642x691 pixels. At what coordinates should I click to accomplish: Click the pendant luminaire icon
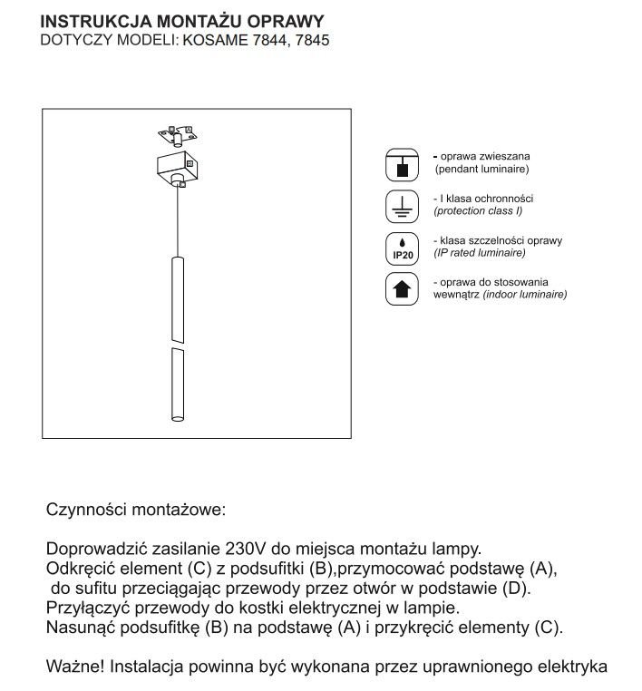pos(403,163)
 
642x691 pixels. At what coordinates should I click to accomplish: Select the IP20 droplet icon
pos(403,248)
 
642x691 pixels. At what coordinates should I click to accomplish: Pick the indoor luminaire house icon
pos(403,288)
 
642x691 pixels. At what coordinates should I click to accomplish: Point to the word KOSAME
pos(213,42)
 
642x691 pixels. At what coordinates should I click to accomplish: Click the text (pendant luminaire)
pos(482,170)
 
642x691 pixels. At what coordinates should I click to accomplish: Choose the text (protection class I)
pos(478,210)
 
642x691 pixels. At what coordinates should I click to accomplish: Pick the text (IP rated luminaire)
pos(481,252)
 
